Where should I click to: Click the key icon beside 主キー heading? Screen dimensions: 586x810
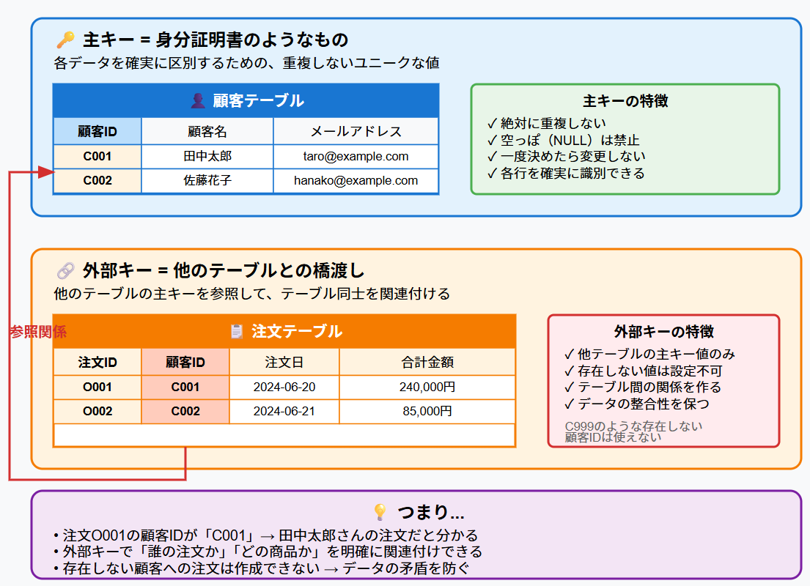[65, 40]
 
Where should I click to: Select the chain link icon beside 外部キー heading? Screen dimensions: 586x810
[65, 271]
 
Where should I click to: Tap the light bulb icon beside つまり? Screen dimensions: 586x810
[380, 511]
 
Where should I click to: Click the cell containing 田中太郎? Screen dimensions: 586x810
[207, 157]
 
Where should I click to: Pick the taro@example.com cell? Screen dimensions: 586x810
[356, 157]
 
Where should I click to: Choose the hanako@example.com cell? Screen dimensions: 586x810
[356, 181]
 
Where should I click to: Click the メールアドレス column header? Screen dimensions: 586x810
[356, 132]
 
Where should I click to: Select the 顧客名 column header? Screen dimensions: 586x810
[207, 132]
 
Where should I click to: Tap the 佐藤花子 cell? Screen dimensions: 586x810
[207, 181]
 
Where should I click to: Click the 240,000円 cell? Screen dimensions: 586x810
[427, 387]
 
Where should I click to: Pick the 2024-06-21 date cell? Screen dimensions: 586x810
[284, 412]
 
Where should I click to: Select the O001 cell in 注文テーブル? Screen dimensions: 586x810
[97, 387]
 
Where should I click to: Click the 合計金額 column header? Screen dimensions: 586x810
[427, 362]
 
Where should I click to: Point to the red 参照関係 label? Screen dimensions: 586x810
[38, 332]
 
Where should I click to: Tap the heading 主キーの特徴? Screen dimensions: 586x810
[625, 101]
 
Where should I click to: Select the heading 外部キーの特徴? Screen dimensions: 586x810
[664, 332]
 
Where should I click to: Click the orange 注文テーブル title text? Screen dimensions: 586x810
[296, 332]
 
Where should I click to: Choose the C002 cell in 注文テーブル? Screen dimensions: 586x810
[185, 412]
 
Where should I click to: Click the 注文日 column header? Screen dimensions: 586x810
[284, 362]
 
